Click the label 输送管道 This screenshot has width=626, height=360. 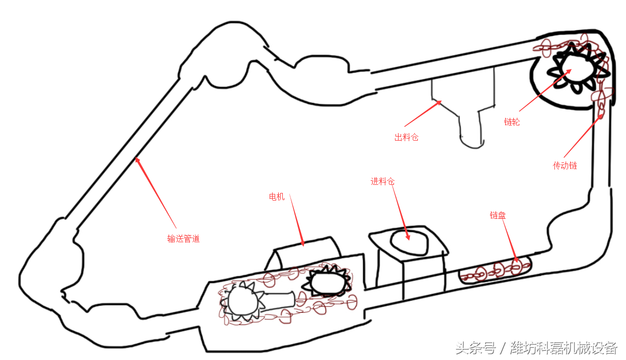[183, 239]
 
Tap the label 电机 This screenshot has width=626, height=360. [277, 197]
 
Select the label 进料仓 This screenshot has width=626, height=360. [382, 181]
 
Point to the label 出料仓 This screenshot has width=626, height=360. [406, 137]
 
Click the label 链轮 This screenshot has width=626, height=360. [512, 122]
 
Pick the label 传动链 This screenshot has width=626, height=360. [565, 166]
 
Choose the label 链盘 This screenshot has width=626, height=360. [498, 216]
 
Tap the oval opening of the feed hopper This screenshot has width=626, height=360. [409, 242]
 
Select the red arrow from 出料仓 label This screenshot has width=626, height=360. [422, 114]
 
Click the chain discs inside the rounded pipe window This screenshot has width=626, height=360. [495, 270]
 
